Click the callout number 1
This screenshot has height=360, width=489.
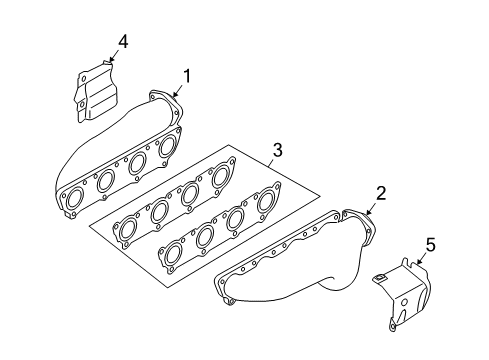pyautogui.click(x=187, y=76)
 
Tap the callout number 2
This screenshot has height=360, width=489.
pyautogui.click(x=381, y=193)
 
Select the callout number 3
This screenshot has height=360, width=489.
pyautogui.click(x=278, y=150)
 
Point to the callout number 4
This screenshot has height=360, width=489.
pyautogui.click(x=123, y=42)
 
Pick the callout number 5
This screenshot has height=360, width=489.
pyautogui.click(x=430, y=244)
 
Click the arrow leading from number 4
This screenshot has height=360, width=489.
pyautogui.click(x=114, y=55)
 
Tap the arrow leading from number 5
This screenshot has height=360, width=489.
pyautogui.click(x=422, y=258)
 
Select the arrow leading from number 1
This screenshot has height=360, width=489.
pyautogui.click(x=177, y=91)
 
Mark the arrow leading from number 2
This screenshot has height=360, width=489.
pyautogui.click(x=371, y=209)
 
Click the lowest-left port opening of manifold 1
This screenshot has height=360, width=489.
pyautogui.click(x=75, y=198)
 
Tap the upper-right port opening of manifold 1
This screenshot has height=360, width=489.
pyautogui.click(x=168, y=146)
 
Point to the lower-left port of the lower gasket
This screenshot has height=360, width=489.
pyautogui.click(x=173, y=253)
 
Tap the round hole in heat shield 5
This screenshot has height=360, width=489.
pyautogui.click(x=404, y=303)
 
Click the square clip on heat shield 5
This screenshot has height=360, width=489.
pyautogui.click(x=380, y=277)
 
